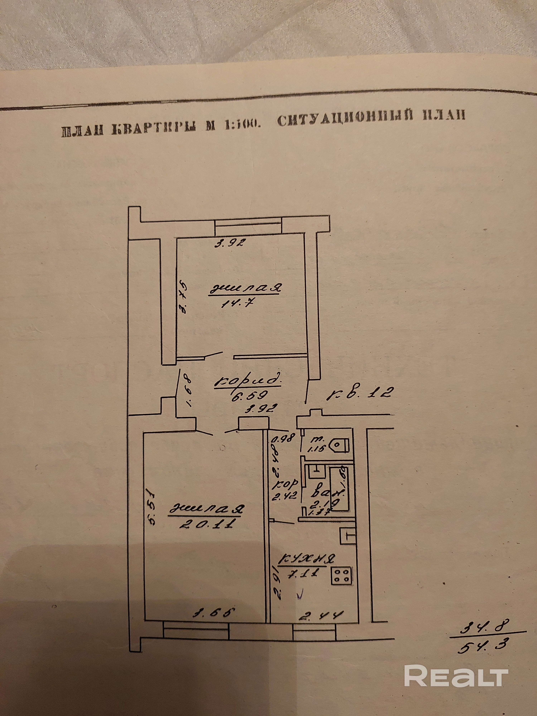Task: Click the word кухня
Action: pos(308,559)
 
